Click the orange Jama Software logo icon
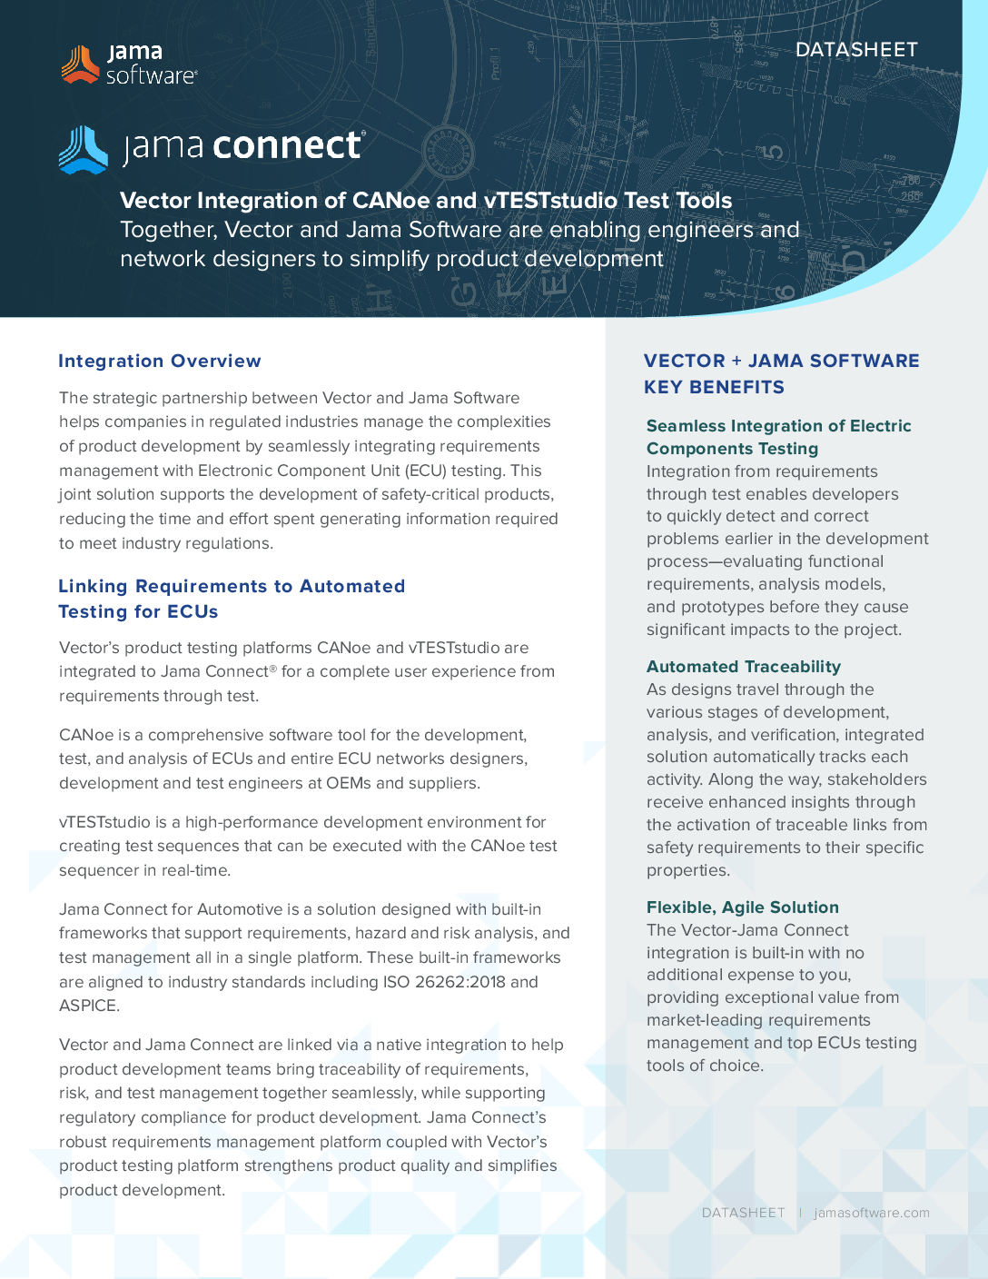click(x=80, y=64)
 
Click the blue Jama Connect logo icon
click(x=84, y=150)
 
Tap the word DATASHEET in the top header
click(x=856, y=50)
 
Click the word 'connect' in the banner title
click(x=289, y=146)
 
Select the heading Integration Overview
click(x=160, y=361)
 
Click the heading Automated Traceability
click(x=743, y=667)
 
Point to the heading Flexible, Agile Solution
click(x=742, y=907)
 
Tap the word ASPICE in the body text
click(x=88, y=1006)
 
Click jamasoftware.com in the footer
click(x=872, y=1213)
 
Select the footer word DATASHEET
click(x=743, y=1213)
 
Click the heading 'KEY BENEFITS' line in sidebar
click(x=714, y=387)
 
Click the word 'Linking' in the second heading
click(x=93, y=586)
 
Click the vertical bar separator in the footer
click(x=800, y=1213)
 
